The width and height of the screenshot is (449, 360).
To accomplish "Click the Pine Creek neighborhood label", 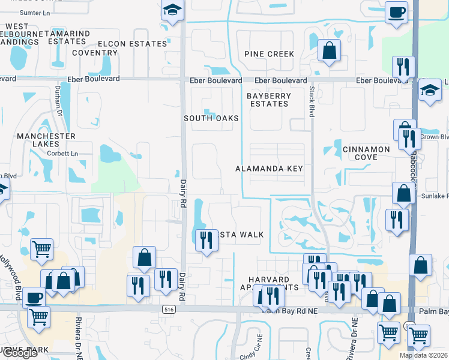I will (269, 54).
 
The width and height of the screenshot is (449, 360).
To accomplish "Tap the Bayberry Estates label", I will (269, 100).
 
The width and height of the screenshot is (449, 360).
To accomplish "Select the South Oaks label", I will (211, 118).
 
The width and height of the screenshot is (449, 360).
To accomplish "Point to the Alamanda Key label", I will (269, 169).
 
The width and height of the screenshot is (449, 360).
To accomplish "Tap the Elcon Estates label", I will (132, 44).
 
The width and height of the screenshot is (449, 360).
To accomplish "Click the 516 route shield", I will (169, 308).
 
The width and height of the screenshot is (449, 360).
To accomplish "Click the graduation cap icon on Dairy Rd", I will (172, 10).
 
